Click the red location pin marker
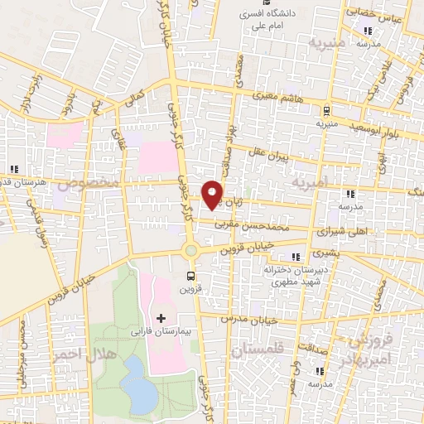pos(213,194)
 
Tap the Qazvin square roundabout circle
pos(191,250)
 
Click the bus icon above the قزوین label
pos(191,277)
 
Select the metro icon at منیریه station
pos(326,110)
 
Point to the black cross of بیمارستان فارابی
pos(161,318)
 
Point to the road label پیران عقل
pos(270,156)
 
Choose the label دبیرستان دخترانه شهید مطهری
pos(292,276)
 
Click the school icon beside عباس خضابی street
pos(369,32)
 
